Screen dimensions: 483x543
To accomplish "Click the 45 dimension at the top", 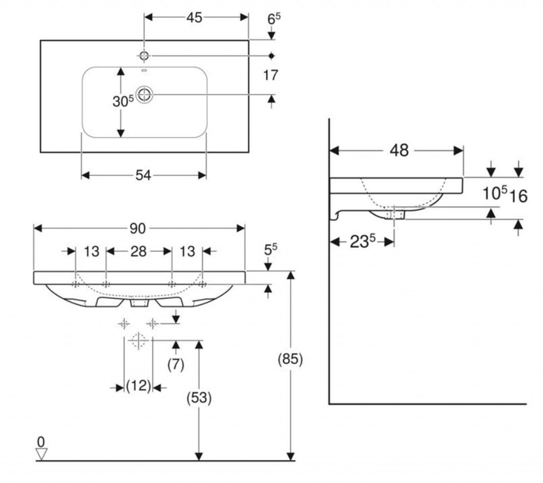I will click(x=194, y=17).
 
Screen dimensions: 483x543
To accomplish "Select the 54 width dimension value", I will click(x=143, y=175).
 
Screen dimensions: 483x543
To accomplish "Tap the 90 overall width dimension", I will click(x=138, y=228).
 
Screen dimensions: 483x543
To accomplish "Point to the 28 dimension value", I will click(x=138, y=251).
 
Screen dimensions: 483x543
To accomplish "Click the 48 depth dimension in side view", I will click(x=399, y=151).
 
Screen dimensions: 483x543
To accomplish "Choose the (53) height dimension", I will click(x=199, y=398).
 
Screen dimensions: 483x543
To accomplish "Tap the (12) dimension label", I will click(x=138, y=387).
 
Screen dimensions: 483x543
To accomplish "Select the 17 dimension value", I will click(x=270, y=75).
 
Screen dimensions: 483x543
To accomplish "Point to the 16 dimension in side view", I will click(x=519, y=196).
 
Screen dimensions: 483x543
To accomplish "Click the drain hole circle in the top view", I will click(x=144, y=94).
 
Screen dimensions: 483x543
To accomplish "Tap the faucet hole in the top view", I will click(x=144, y=55).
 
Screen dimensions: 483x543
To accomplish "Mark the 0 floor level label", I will click(x=40, y=441).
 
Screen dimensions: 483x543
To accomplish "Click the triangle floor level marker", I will click(x=41, y=453).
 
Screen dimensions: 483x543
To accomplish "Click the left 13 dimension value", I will click(x=92, y=251).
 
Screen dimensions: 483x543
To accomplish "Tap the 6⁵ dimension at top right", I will click(x=273, y=19).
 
